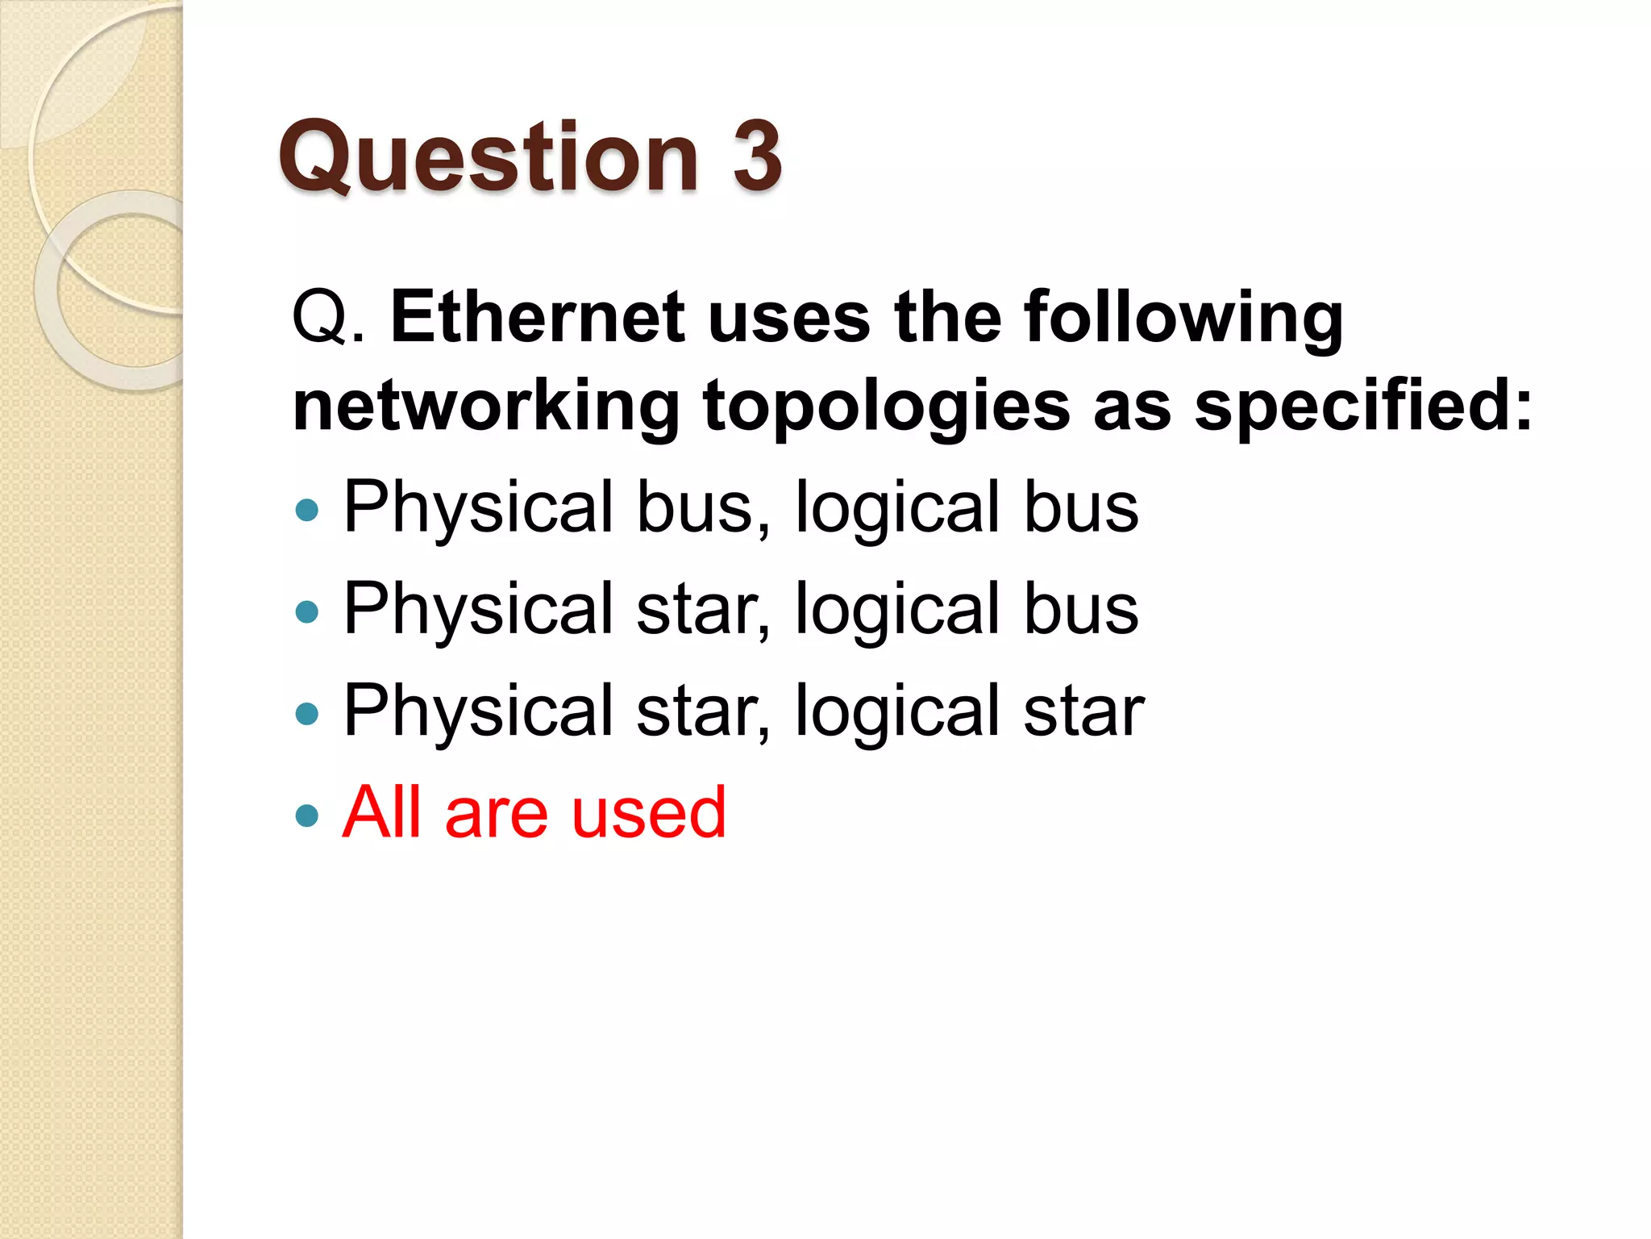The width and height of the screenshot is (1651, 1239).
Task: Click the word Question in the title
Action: (488, 157)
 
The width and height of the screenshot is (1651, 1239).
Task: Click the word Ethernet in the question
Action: (538, 318)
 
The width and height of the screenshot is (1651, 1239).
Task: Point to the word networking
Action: (486, 407)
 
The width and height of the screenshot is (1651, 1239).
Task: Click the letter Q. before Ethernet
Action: (329, 318)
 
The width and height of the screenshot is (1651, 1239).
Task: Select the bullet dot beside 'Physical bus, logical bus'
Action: (307, 510)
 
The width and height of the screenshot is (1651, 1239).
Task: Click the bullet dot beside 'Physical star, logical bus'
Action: (307, 611)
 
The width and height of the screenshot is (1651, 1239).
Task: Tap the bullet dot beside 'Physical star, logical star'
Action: (307, 713)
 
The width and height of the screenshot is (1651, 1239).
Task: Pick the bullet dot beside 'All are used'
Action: (307, 815)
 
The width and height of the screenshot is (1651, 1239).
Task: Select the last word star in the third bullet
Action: (1083, 711)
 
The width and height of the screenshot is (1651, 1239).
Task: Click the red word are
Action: (497, 813)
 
